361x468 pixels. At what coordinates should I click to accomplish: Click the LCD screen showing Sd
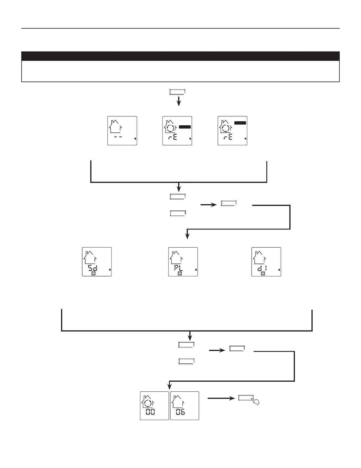click(x=97, y=262)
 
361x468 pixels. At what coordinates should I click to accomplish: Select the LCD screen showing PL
click(x=183, y=262)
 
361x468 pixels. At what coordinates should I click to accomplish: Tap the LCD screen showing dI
click(x=266, y=262)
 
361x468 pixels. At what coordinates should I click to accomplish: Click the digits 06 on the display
click(x=180, y=412)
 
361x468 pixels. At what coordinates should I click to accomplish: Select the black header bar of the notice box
click(x=180, y=56)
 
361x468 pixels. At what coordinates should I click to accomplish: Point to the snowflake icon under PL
click(x=180, y=274)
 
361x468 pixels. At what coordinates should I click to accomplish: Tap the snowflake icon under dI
click(x=263, y=274)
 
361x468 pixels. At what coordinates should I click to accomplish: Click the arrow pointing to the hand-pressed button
click(x=221, y=398)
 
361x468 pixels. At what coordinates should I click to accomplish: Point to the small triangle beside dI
click(x=279, y=270)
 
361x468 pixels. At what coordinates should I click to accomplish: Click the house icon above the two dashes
click(x=115, y=127)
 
